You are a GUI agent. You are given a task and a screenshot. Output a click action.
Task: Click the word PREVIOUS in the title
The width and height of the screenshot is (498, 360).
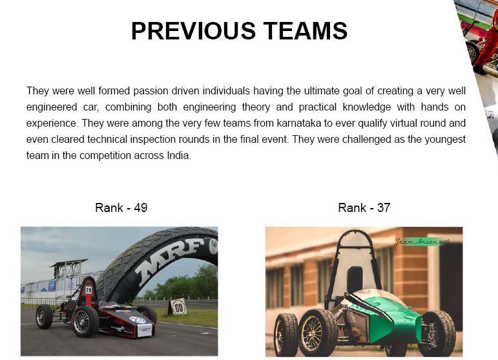tap(193, 31)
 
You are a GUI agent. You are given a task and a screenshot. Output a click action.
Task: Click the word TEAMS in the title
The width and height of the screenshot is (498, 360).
tap(306, 31)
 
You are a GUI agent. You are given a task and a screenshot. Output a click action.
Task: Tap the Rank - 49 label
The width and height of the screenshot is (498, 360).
tap(121, 208)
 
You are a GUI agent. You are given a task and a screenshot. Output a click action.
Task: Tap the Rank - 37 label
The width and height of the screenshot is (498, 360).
tap(364, 208)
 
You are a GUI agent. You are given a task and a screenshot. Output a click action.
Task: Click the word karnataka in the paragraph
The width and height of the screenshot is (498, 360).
tap(299, 123)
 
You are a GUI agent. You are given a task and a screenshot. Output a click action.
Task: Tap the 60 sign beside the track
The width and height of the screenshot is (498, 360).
tap(179, 307)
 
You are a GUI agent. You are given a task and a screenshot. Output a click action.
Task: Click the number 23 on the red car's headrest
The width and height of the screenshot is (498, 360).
tap(88, 290)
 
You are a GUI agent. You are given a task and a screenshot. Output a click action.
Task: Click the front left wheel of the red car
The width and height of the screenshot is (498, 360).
tap(85, 321)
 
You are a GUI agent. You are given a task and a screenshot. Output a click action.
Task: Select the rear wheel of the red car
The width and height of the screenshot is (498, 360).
tap(44, 316)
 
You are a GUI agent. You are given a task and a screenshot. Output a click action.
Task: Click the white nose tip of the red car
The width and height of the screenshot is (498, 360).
tap(145, 330)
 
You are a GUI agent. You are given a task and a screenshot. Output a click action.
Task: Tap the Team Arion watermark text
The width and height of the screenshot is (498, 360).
tap(422, 242)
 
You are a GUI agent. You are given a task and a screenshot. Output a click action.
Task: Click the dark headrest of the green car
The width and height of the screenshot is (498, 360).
tap(355, 280)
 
